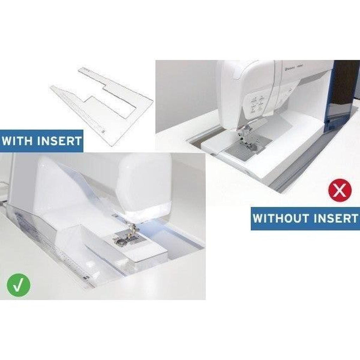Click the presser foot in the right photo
243,132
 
